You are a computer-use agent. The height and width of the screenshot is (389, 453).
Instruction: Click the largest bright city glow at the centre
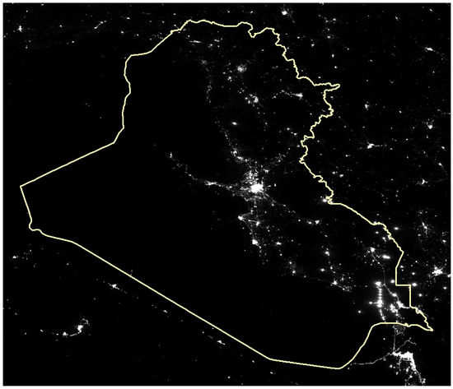(258, 190)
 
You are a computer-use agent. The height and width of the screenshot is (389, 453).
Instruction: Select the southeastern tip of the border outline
(430, 328)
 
